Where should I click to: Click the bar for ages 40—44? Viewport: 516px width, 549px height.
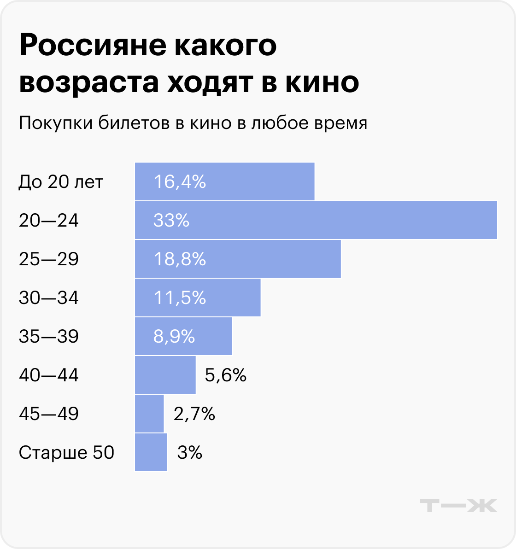tap(165, 375)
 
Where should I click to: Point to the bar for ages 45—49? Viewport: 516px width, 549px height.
tap(149, 414)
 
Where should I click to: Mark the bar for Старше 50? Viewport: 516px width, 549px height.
tap(151, 452)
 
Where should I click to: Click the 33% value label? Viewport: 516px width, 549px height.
tap(171, 221)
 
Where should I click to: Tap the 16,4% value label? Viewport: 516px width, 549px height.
tap(179, 182)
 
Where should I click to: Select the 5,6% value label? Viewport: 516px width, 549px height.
tap(226, 376)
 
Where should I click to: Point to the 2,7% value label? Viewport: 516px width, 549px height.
tap(194, 414)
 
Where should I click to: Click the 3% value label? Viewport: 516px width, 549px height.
tap(190, 453)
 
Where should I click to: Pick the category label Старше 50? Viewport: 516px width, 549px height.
tap(66, 453)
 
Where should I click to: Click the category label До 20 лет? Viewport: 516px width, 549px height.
tap(61, 182)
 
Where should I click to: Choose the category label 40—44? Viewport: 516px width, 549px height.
tap(49, 375)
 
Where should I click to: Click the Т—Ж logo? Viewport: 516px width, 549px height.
tap(459, 505)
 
